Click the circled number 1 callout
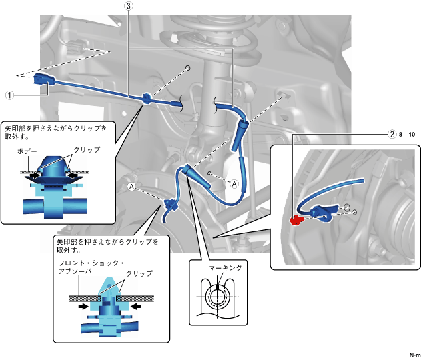[10, 95]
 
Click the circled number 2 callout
[392, 134]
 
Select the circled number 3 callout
[129, 6]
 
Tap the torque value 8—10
[407, 134]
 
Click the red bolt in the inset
[296, 220]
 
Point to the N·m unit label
[415, 355]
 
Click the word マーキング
[226, 267]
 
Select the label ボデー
[27, 151]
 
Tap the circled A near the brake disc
[131, 187]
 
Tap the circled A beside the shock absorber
[234, 184]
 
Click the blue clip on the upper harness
[146, 99]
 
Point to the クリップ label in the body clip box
[87, 149]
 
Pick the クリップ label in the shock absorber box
[139, 273]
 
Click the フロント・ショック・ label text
[91, 263]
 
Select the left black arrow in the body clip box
[35, 175]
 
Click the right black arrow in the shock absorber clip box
[135, 306]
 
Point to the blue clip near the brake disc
[169, 205]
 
